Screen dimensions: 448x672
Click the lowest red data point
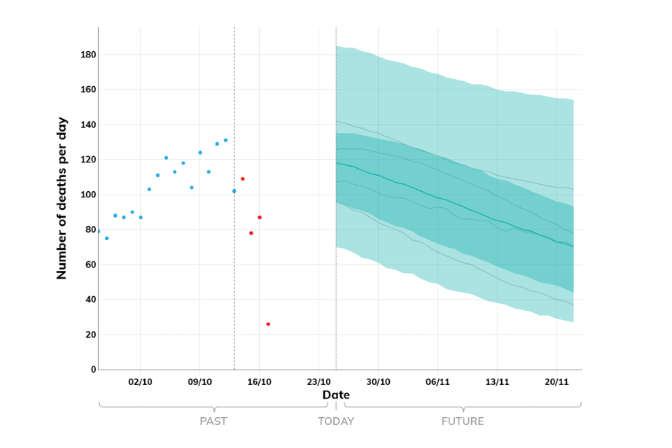coord(268,324)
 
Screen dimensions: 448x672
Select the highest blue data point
coord(225,140)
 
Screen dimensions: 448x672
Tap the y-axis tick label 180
coord(87,55)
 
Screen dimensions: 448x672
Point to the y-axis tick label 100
coord(87,195)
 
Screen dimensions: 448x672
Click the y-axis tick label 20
coord(90,335)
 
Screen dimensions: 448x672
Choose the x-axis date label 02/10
coord(140,382)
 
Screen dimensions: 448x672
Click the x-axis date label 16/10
coord(259,382)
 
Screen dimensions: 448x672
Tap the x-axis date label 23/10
coord(318,382)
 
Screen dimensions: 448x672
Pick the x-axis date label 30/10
coord(378,382)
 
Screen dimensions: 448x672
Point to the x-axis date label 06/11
coord(437,382)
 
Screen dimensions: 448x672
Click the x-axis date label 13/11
coord(497,382)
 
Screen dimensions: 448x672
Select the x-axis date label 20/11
coord(556,382)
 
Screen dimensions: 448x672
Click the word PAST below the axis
coord(213,421)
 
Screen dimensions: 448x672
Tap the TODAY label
coord(336,421)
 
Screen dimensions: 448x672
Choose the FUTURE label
coord(463,421)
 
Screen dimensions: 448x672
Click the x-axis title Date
coord(336,395)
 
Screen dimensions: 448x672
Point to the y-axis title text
coord(62,198)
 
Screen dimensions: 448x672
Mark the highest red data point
coord(243,178)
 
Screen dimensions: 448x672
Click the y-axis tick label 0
coord(92,370)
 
